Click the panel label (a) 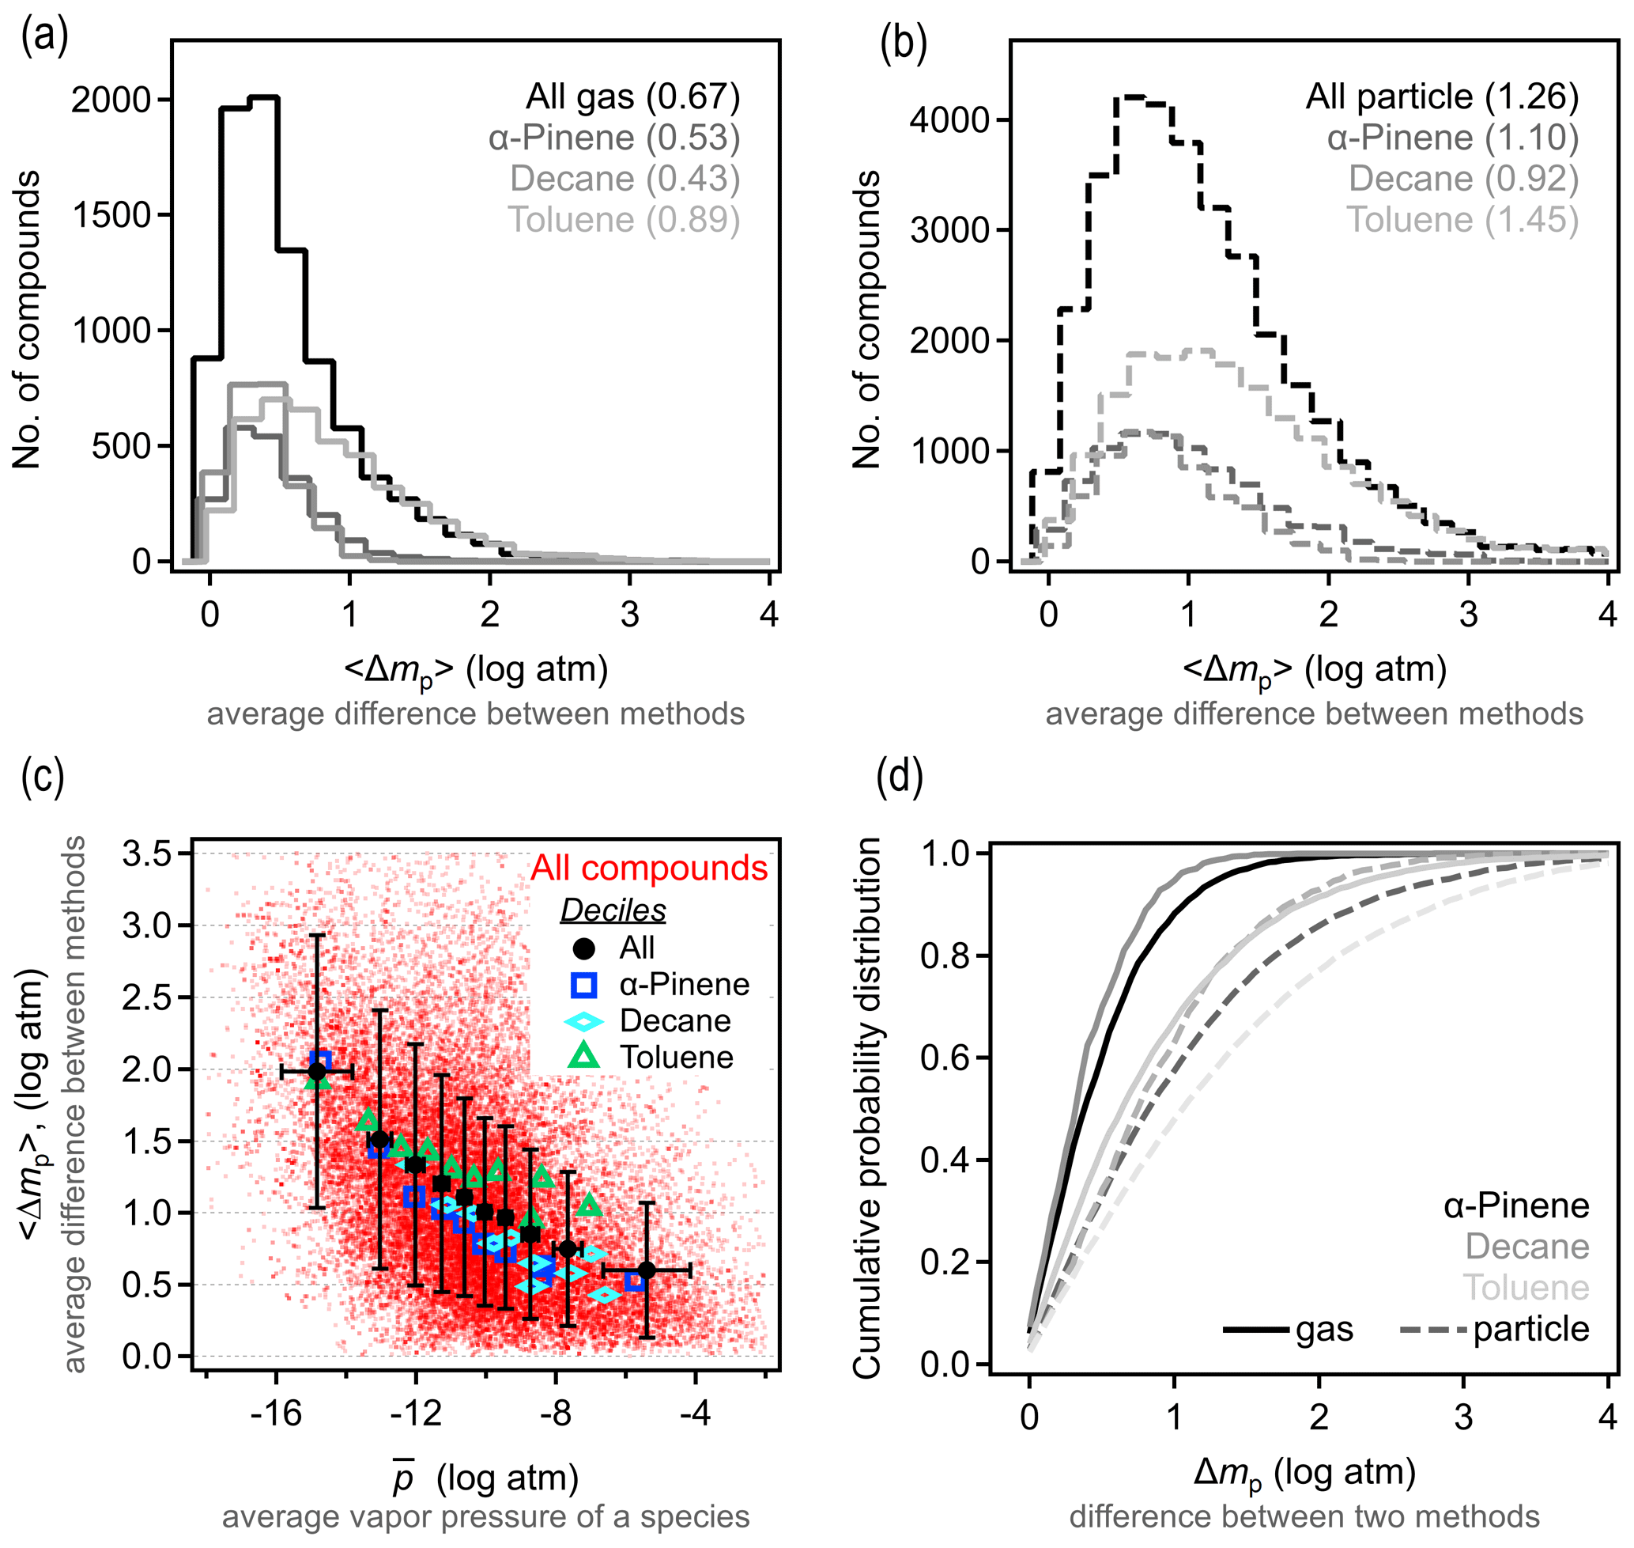[44, 37]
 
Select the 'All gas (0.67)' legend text [632, 97]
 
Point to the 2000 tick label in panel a [111, 100]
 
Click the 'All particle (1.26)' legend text [1442, 97]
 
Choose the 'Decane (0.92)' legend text [1463, 178]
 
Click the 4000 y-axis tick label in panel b [949, 119]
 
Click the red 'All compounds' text [649, 868]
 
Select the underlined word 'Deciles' [613, 910]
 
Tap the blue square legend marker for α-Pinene [584, 985]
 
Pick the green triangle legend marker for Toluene [584, 1056]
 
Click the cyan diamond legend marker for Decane [584, 1021]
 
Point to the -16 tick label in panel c [277, 1414]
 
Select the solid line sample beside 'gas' [1255, 1330]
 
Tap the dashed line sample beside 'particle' [1433, 1330]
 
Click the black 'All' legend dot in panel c [584, 948]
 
